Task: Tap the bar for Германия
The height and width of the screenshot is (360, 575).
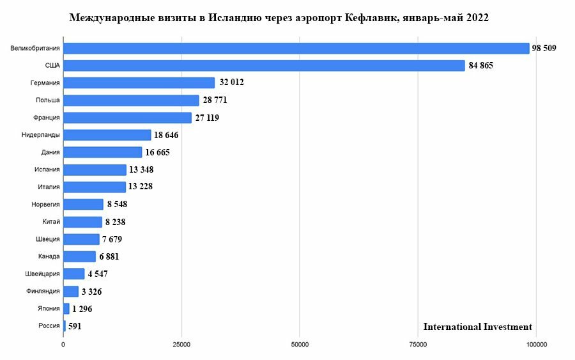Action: (139, 83)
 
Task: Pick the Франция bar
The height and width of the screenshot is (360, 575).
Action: (127, 118)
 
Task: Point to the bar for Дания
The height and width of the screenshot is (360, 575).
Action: (102, 152)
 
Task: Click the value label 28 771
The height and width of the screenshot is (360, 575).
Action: (215, 100)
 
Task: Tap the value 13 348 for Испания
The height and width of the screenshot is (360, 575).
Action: (142, 169)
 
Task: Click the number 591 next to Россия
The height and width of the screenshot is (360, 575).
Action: (75, 326)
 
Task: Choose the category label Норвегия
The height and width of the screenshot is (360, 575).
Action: (45, 205)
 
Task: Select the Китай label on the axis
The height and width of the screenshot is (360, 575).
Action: (51, 222)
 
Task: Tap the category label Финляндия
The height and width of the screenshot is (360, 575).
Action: (43, 291)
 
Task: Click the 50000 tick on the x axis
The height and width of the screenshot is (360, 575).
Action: (300, 345)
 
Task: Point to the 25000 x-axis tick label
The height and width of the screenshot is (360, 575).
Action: (181, 345)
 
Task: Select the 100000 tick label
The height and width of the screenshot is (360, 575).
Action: (535, 345)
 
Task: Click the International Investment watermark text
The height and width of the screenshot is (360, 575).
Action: (477, 327)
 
